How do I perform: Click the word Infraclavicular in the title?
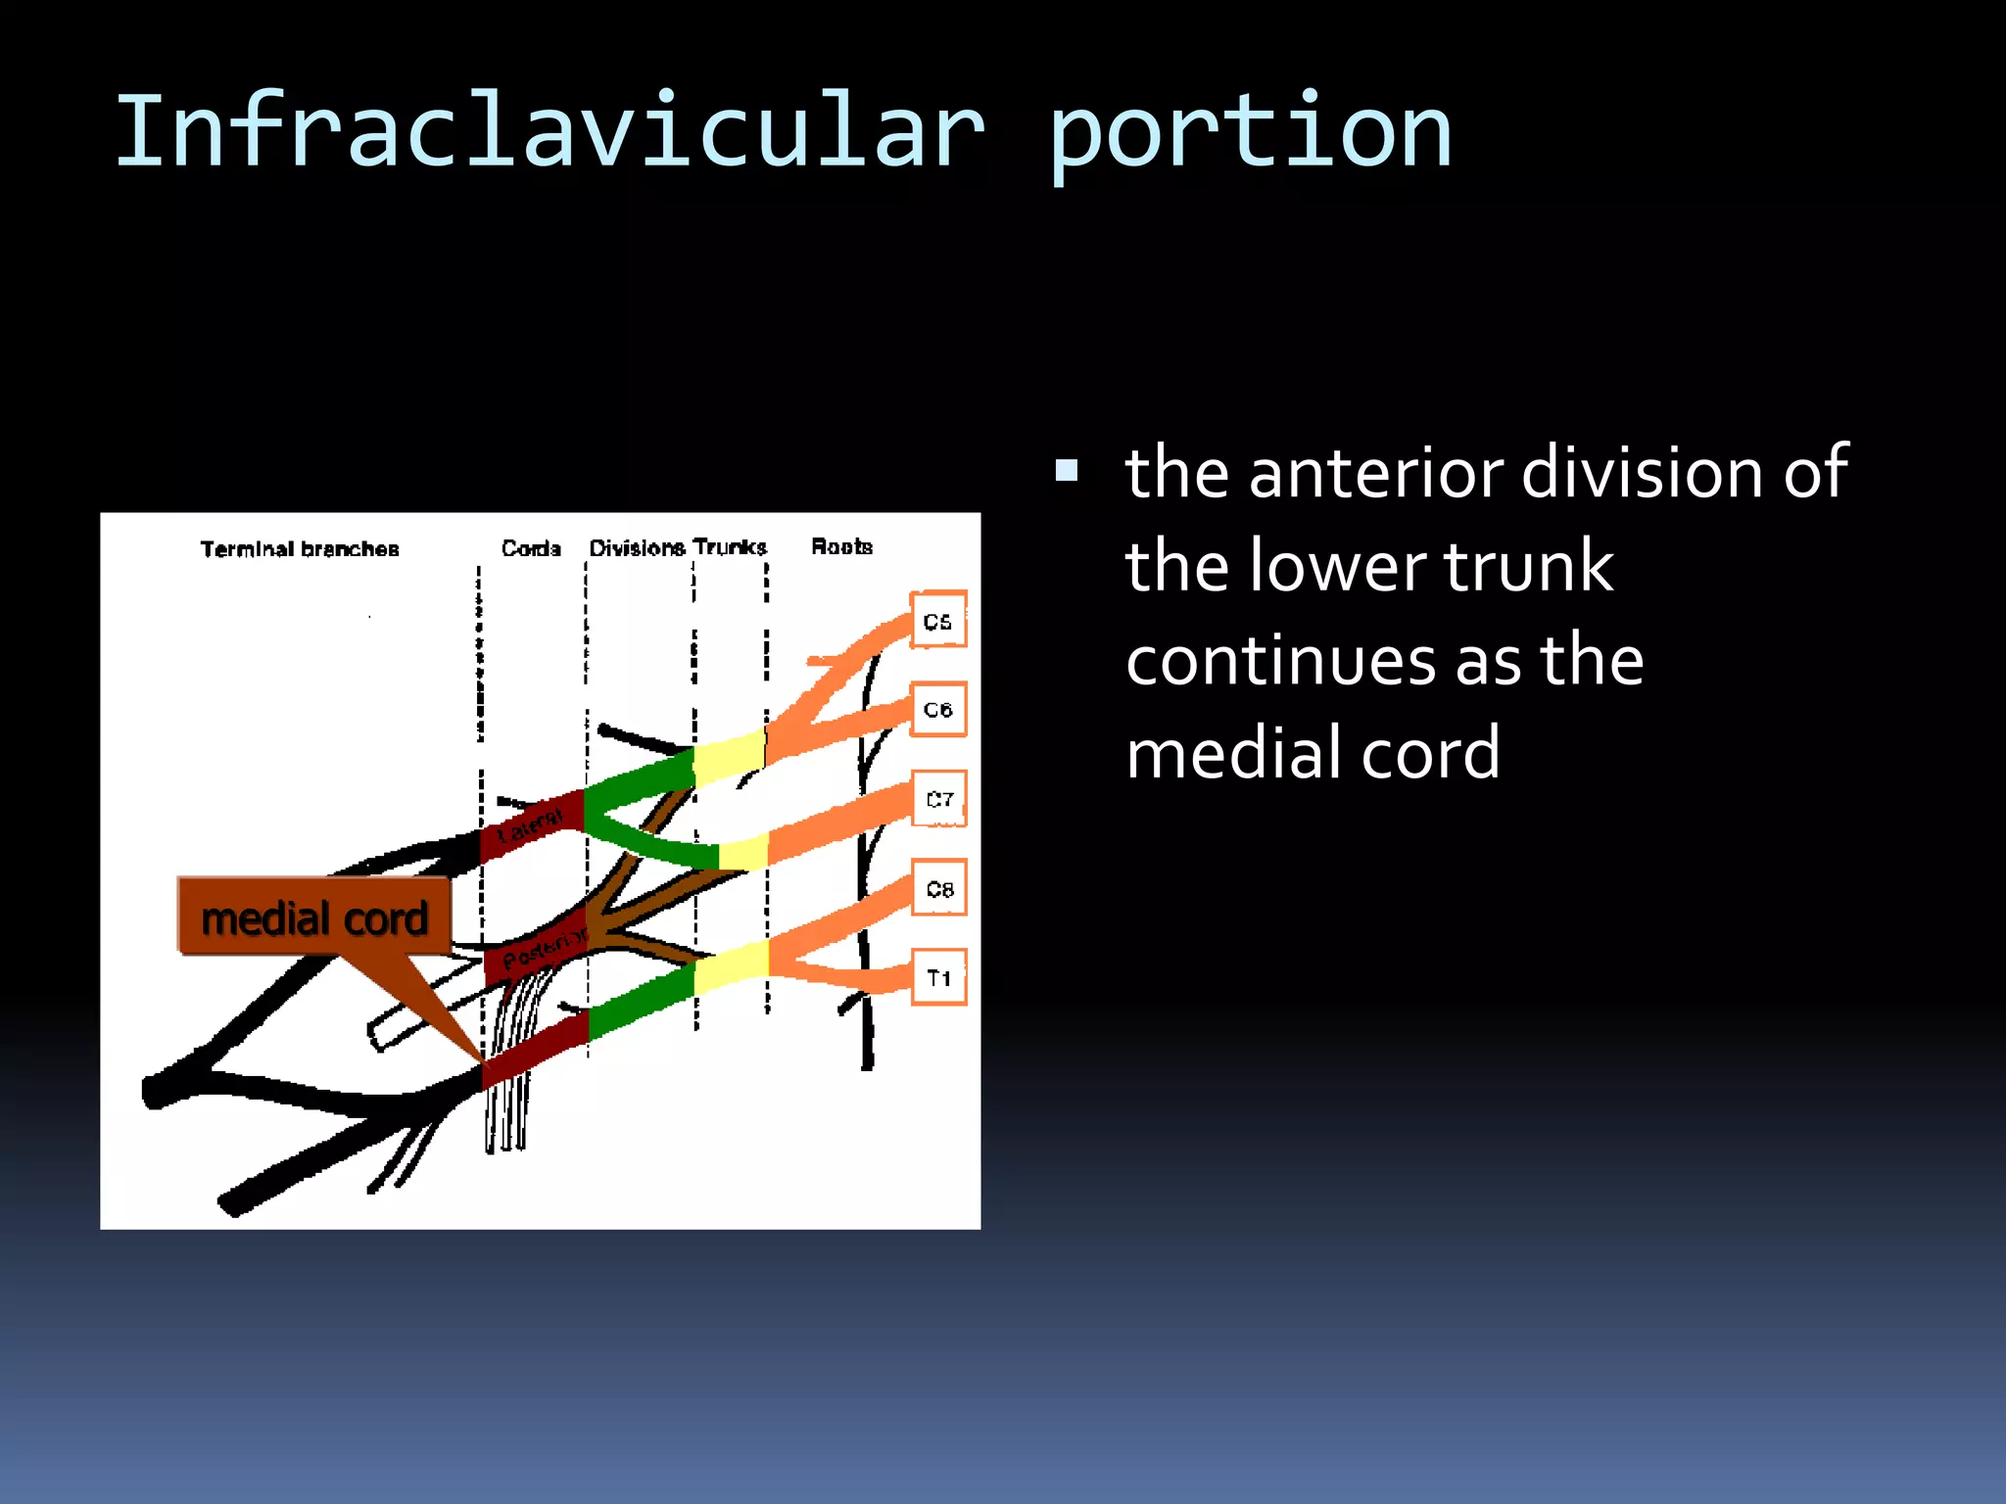[x=549, y=132]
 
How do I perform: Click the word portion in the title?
[x=1249, y=132]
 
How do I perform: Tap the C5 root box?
[x=937, y=620]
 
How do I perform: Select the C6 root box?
[x=937, y=709]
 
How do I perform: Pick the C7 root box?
[x=938, y=799]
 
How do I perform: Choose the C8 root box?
[x=938, y=888]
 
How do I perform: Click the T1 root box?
[x=938, y=977]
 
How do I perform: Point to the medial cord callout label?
[x=313, y=917]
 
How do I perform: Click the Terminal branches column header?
[x=300, y=548]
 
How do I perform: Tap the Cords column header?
[x=531, y=547]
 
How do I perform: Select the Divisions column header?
[x=637, y=547]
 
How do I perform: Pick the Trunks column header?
[x=730, y=546]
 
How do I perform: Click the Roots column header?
[x=841, y=546]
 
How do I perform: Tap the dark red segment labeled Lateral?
[x=530, y=825]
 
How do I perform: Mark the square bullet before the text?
[x=1067, y=473]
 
